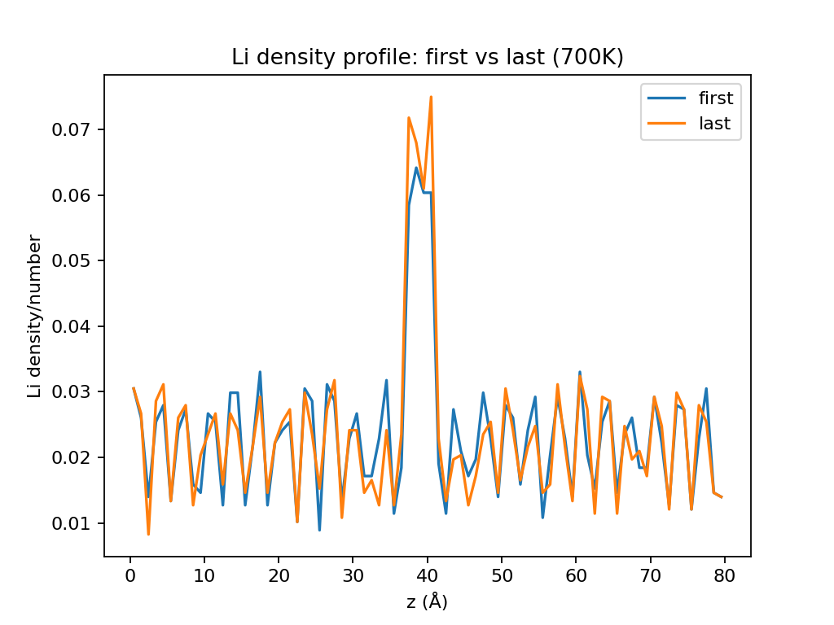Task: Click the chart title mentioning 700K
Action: (428, 58)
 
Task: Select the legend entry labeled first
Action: (715, 98)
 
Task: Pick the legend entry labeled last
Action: (713, 124)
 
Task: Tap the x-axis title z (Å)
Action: (428, 602)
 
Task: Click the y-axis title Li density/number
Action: (34, 316)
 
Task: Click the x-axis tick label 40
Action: (428, 576)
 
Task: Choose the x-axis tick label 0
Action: (129, 576)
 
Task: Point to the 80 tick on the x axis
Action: (725, 576)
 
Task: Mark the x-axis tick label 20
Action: (279, 576)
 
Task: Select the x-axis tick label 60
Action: (576, 576)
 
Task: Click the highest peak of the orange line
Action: (431, 97)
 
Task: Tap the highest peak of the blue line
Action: (416, 168)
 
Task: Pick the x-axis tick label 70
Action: (651, 576)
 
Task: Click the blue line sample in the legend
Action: (668, 98)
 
